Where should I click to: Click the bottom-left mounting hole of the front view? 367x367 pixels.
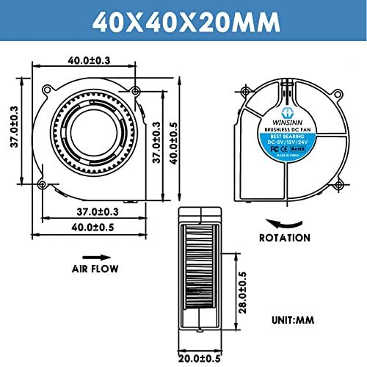43,183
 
